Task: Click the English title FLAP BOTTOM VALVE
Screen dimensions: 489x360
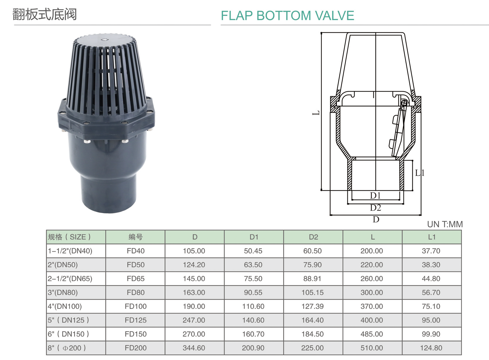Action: click(287, 15)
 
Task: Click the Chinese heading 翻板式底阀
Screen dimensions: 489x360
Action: click(45, 14)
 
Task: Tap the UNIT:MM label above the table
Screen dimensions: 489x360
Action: click(445, 224)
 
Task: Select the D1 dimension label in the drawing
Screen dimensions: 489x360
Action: click(375, 195)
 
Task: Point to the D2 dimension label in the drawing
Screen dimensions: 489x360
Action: click(376, 207)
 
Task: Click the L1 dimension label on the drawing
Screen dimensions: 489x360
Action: click(420, 173)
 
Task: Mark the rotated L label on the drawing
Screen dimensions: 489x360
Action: click(316, 113)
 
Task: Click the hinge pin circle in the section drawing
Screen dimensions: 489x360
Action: click(404, 103)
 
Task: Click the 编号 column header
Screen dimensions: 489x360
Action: click(136, 237)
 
